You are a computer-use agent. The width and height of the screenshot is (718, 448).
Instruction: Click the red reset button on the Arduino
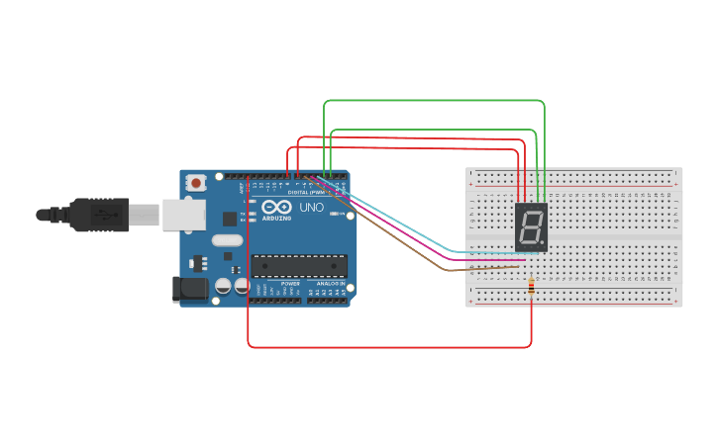196,182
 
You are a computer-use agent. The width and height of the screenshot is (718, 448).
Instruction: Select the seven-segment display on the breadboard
531,227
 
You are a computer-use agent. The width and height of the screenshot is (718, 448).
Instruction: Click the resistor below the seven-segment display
532,287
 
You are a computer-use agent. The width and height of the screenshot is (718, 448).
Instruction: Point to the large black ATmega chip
299,266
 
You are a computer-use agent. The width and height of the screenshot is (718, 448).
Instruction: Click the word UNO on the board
312,209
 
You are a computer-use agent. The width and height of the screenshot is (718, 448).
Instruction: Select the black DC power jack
190,289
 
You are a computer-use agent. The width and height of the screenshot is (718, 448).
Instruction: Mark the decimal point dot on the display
542,243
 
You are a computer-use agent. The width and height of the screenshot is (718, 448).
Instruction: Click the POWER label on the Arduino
289,284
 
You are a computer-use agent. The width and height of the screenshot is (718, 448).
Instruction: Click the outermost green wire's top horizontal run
436,101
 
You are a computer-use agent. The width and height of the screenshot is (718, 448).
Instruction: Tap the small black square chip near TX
230,219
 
